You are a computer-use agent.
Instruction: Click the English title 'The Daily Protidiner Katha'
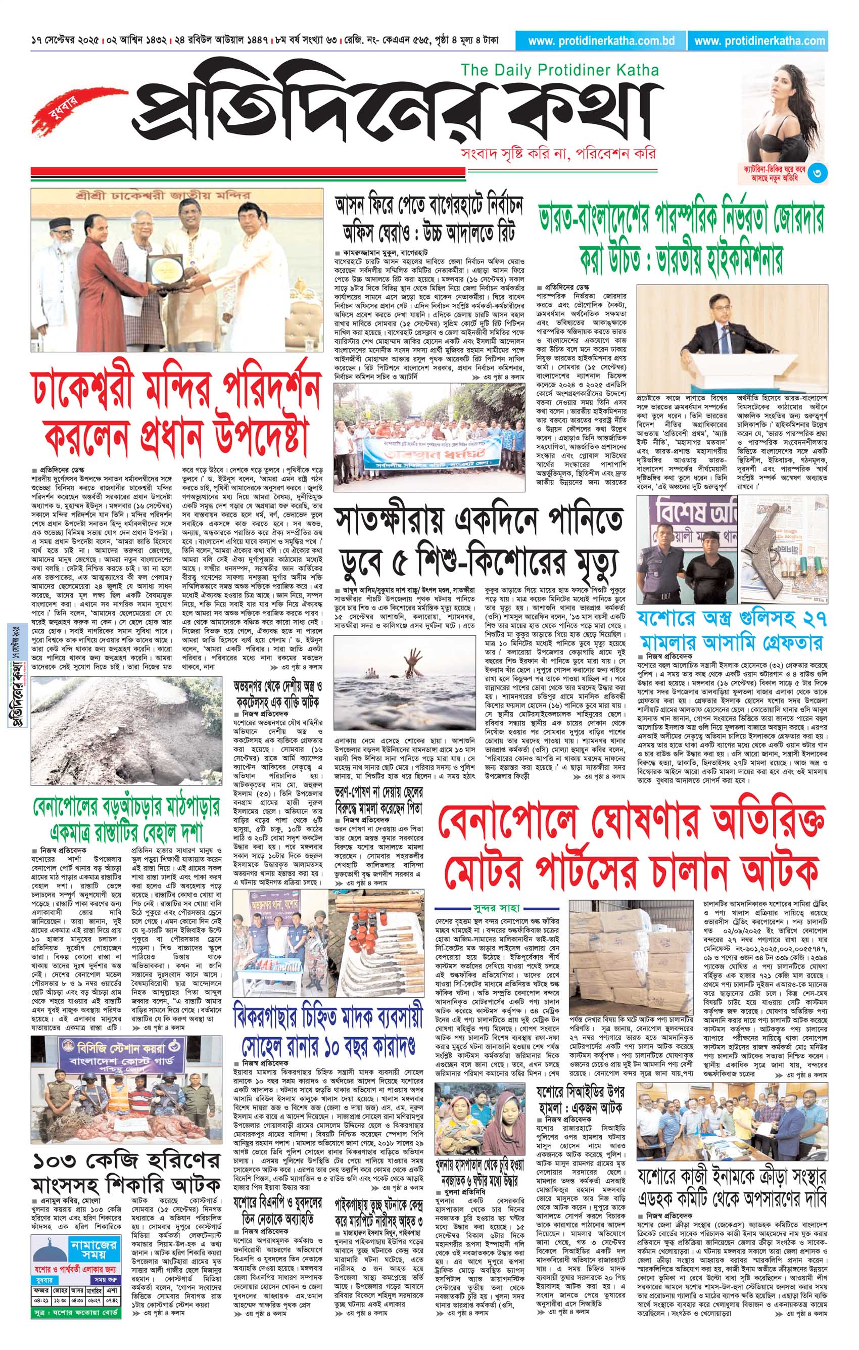559,70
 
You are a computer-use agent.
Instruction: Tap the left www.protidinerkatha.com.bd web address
601,40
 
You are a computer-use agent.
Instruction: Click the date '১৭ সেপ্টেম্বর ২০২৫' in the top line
66,41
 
